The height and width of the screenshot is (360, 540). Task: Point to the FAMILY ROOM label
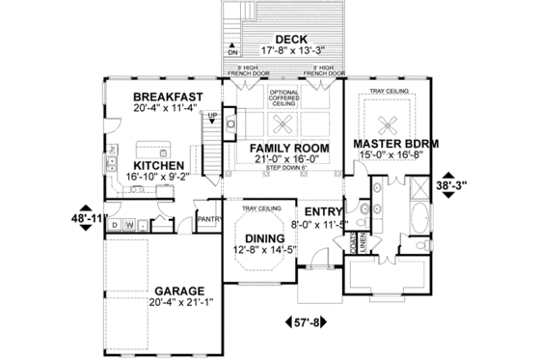[x=290, y=147]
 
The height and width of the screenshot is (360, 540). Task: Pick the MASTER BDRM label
[x=397, y=143]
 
